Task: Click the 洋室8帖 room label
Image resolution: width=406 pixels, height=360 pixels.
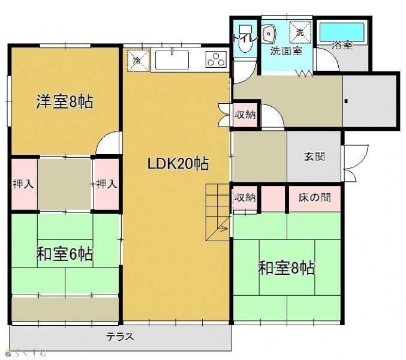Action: pyautogui.click(x=64, y=101)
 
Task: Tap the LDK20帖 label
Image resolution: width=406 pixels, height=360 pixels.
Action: pyautogui.click(x=178, y=164)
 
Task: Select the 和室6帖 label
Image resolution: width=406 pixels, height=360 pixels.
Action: pyautogui.click(x=65, y=254)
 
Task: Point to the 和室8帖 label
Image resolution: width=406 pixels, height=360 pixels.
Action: pyautogui.click(x=287, y=268)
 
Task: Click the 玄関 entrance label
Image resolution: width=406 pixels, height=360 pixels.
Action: pyautogui.click(x=314, y=157)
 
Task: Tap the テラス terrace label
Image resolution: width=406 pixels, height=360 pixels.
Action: pyautogui.click(x=120, y=337)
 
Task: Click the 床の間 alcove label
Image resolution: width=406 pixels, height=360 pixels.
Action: pyautogui.click(x=315, y=197)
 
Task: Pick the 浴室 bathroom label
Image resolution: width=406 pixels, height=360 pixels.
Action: pyautogui.click(x=342, y=45)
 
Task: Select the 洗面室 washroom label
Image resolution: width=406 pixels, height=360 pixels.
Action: pyautogui.click(x=287, y=51)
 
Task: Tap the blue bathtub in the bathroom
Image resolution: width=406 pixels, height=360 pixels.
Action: pyautogui.click(x=342, y=32)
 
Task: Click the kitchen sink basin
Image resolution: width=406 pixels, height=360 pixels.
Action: pyautogui.click(x=172, y=60)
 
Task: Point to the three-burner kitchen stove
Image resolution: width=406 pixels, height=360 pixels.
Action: pyautogui.click(x=216, y=59)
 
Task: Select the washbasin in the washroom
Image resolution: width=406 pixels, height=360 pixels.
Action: pyautogui.click(x=269, y=34)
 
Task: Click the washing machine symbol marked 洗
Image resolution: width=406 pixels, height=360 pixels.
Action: pyautogui.click(x=300, y=32)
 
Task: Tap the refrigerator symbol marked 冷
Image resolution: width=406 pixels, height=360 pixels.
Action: pyautogui.click(x=138, y=61)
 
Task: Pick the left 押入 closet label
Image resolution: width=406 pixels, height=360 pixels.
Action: pyautogui.click(x=23, y=184)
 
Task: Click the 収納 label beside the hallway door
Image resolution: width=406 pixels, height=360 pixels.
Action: pyautogui.click(x=245, y=114)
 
